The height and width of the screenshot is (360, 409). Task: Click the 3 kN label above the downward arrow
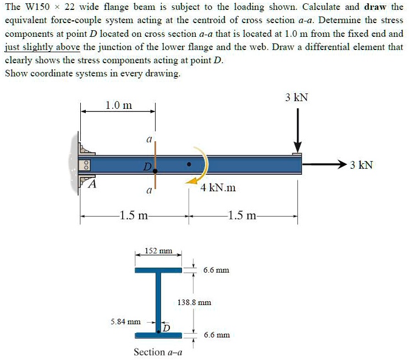tap(297, 98)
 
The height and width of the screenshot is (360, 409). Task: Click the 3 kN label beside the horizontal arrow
tap(361, 164)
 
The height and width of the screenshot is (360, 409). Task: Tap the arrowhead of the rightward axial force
tap(342, 164)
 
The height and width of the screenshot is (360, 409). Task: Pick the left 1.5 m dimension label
tap(134, 215)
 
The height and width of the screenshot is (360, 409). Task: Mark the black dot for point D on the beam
tap(156, 171)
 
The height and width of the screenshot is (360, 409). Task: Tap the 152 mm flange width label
tap(158, 251)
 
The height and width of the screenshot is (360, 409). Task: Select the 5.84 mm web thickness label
tap(126, 322)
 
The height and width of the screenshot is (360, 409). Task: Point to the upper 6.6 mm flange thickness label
tap(216, 270)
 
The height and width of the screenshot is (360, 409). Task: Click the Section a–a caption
tap(158, 352)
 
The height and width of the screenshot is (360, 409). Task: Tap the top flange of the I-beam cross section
tap(158, 270)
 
